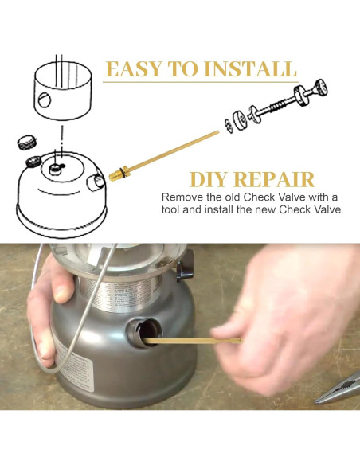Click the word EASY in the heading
[134, 68]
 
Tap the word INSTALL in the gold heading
[250, 68]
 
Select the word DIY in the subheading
[208, 179]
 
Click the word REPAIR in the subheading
[274, 179]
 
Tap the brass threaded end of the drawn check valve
[119, 174]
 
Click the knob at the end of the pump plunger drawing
[320, 88]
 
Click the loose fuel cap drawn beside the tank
[26, 142]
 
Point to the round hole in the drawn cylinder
[45, 100]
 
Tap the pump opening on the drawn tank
[96, 182]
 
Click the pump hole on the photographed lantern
[145, 332]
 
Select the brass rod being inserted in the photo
[193, 342]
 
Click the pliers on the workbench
[338, 389]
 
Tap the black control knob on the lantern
[185, 266]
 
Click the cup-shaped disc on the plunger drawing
[240, 121]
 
